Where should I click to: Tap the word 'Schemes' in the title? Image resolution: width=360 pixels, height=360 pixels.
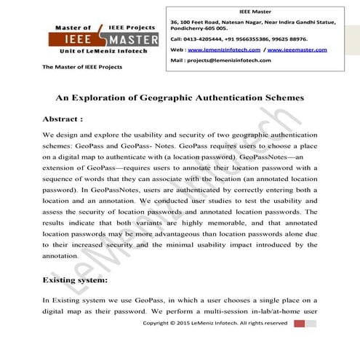pos(283,97)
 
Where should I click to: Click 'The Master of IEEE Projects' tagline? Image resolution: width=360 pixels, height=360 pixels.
pos(82,67)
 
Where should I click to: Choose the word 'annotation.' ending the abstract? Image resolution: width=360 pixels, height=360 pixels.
pos(63,256)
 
